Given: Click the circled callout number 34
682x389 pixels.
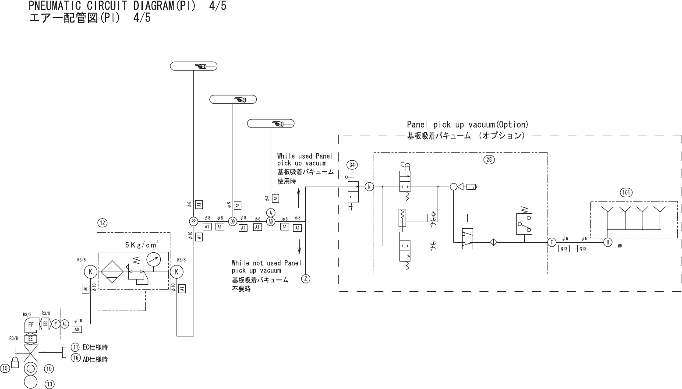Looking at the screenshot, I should pos(352,165).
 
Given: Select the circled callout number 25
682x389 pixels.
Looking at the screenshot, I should pos(489,160).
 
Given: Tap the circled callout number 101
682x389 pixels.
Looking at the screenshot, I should pos(626,192).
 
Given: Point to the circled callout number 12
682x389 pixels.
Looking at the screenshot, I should pos(102,223).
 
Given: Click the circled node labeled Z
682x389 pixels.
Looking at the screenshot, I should pos(306,279).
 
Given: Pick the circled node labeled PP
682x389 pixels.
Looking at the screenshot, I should pos(193,221).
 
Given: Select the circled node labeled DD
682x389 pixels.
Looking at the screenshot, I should pos(233,221).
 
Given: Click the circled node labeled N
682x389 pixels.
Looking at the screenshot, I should pos(369,187).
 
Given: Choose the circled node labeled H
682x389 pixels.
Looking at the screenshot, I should pos(608,242).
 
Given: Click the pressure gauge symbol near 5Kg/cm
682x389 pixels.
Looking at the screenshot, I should pos(153,259).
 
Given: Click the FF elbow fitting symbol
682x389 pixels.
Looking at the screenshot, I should pos(31,325).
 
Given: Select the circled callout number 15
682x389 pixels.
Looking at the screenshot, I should pos(5,368).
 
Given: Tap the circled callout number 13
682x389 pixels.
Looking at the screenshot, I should pos(49,384).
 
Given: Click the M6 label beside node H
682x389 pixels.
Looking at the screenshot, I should pos(620,246).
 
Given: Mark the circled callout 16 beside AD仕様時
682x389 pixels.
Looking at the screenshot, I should pos(75,358).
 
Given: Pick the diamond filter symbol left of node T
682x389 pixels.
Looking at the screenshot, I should pos(492,242).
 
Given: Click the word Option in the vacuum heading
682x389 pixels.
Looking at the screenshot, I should pos(513,124).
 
